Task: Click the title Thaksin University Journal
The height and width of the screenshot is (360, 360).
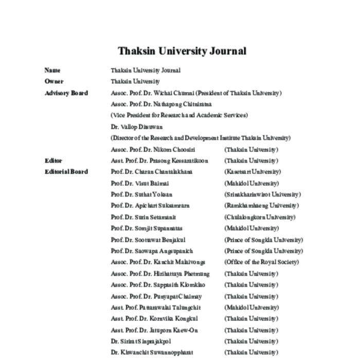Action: [x=182, y=51]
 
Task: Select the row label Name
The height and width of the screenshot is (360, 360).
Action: [x=52, y=70]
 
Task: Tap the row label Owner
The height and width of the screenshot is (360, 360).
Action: [x=54, y=82]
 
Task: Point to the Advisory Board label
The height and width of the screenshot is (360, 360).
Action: [x=66, y=93]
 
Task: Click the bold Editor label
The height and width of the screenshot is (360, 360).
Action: [x=53, y=161]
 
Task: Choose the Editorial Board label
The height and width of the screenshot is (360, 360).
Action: [x=66, y=172]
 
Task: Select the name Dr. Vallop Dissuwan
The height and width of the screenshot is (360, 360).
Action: [x=137, y=127]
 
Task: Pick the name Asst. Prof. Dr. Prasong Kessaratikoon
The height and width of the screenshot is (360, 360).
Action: [x=159, y=161]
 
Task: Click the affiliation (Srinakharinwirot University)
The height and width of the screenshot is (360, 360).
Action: [x=262, y=194]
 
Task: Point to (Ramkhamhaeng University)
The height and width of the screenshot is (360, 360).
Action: [x=261, y=206]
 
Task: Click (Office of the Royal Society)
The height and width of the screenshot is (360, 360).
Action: [x=261, y=262]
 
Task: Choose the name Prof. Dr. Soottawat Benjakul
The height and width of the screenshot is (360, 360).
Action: [x=148, y=240]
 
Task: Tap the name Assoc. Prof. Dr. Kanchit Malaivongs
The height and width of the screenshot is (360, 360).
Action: [x=158, y=262]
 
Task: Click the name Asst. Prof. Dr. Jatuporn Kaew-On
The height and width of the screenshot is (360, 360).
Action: [x=154, y=330]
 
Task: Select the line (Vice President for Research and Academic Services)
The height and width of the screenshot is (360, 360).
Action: [x=179, y=116]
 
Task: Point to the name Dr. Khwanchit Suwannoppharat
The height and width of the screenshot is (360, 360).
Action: [x=152, y=353]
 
